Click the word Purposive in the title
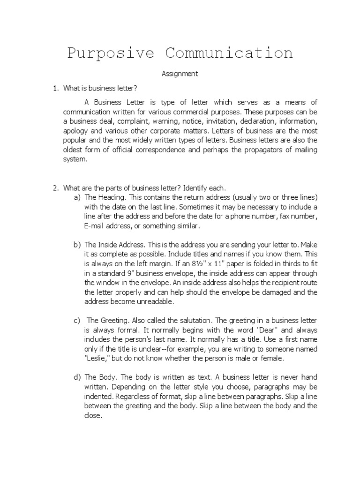[x=111, y=52]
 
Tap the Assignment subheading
[x=180, y=74]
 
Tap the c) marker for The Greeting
[x=77, y=320]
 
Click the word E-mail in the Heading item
[x=95, y=226]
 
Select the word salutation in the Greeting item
[x=194, y=320]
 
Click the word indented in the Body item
[x=100, y=396]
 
